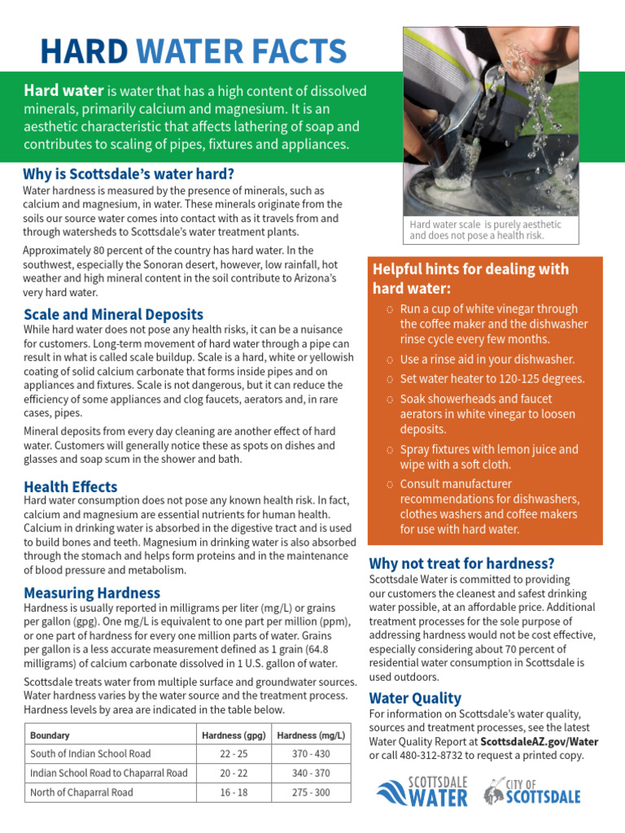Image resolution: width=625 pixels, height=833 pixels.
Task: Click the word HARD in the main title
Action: pos(83,51)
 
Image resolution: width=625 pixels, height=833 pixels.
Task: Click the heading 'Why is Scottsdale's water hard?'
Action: pos(129,174)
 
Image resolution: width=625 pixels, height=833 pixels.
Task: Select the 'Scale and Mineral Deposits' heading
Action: pos(113,314)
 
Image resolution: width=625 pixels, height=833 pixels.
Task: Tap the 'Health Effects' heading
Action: pos(70,486)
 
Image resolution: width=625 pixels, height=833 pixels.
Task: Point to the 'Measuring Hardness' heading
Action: pos(92,593)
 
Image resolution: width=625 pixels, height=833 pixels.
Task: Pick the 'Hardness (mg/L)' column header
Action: pos(311,735)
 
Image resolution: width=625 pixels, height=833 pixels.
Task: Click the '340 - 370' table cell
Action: pos(311,773)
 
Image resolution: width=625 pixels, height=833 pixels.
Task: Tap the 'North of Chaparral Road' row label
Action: pos(81,792)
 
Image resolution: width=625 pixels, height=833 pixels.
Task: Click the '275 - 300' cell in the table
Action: pos(311,792)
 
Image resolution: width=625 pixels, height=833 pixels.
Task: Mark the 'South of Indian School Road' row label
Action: pos(90,754)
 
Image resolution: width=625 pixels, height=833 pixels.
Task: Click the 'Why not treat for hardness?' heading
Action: pos(461,563)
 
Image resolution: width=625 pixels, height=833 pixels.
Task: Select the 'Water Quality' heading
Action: pos(415,698)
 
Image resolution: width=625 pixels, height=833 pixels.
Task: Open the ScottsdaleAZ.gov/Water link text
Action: pos(539,742)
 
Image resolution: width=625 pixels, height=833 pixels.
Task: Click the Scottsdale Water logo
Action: pos(422,791)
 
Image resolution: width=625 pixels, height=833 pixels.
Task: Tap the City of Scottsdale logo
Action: pos(532,791)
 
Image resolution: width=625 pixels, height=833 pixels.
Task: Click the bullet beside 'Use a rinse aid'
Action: pos(390,360)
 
